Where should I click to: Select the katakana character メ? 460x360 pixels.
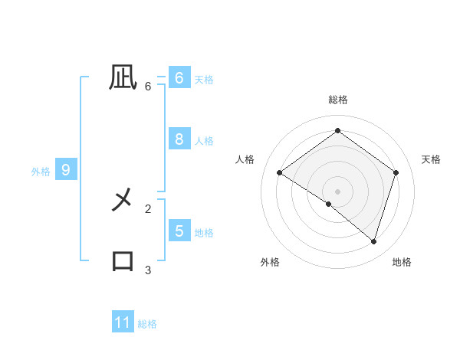[x=123, y=201]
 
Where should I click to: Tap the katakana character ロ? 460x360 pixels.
[x=123, y=260]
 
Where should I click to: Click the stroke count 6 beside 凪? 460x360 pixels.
[x=148, y=87]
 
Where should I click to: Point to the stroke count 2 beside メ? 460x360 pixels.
[x=148, y=208]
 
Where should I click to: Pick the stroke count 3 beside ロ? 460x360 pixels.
[x=148, y=270]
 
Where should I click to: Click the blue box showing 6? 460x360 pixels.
[x=179, y=78]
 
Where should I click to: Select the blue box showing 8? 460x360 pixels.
[x=179, y=139]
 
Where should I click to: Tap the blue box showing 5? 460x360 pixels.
[x=179, y=231]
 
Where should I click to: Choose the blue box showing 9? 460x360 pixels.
[x=66, y=170]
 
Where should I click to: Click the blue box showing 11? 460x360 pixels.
[x=123, y=322]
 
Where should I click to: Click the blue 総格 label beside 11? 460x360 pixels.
[x=147, y=324]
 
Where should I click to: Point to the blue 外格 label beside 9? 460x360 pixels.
[x=41, y=172]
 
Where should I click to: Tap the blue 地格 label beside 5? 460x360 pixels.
[x=204, y=232]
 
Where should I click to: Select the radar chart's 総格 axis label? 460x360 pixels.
[x=338, y=100]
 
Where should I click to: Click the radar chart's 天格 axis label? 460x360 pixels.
[x=431, y=159]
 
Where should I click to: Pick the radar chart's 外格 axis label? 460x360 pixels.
[x=269, y=262]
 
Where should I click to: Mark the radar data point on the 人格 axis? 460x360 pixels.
[x=280, y=173]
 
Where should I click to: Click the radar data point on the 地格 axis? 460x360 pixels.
[x=374, y=241]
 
